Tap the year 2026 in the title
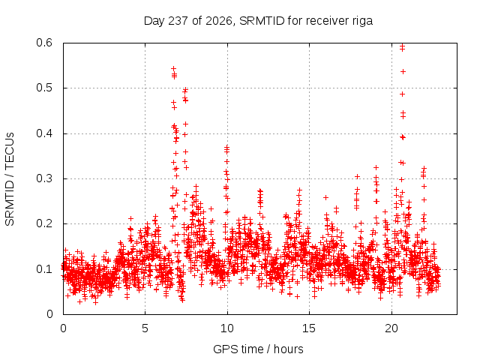click(x=218, y=21)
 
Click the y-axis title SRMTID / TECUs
click(x=10, y=179)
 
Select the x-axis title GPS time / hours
click(x=258, y=349)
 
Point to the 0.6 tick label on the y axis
click(x=44, y=43)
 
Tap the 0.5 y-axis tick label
click(x=44, y=88)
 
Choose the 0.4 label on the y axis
click(x=44, y=133)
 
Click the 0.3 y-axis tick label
click(x=44, y=178)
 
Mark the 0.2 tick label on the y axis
click(x=44, y=223)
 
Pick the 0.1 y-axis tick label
click(x=44, y=269)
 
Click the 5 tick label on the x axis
click(x=145, y=328)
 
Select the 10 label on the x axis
click(x=226, y=328)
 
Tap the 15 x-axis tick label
click(x=309, y=328)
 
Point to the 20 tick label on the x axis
click(x=391, y=328)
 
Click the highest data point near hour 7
click(x=173, y=68)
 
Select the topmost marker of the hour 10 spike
click(x=226, y=147)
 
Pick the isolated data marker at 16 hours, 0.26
click(x=325, y=198)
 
